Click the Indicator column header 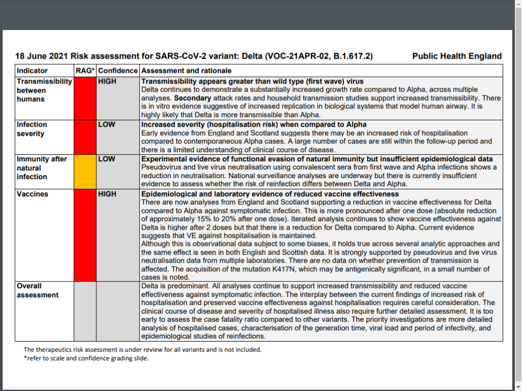(x=32, y=71)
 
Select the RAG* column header (x=85, y=71)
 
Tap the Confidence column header (x=118, y=71)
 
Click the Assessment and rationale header (x=186, y=71)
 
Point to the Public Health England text (x=457, y=57)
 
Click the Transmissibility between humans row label (x=44, y=90)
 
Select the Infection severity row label (x=32, y=129)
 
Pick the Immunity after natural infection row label (x=42, y=167)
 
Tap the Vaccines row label (x=32, y=194)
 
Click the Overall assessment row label (x=38, y=290)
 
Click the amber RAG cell (x=85, y=172)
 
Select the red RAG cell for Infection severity (x=85, y=137)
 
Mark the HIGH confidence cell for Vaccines (x=107, y=194)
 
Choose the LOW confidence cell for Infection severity (x=107, y=124)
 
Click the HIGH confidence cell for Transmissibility (x=107, y=81)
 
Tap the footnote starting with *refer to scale (x=86, y=358)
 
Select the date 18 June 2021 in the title (x=42, y=57)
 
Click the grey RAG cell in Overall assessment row (x=85, y=311)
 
